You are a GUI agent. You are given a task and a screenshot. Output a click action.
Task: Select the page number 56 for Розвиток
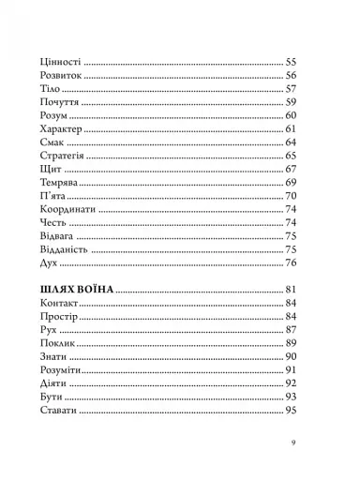291,75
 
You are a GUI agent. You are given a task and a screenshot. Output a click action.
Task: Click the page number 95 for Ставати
291,410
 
